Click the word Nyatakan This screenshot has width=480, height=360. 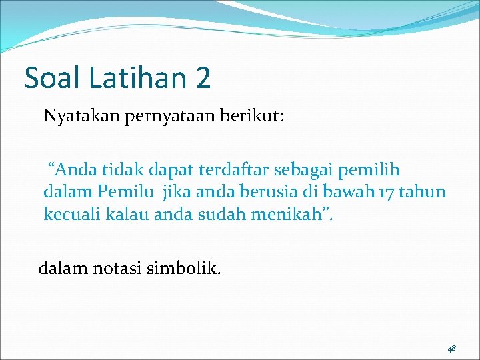pos(77,117)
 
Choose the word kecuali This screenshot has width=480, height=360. pos(68,214)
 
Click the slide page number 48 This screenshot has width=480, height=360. pos(451,347)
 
